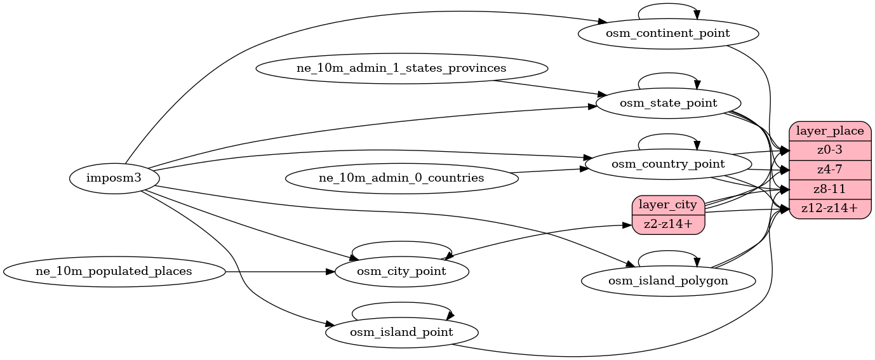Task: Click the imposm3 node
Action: point(114,178)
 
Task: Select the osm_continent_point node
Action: point(668,33)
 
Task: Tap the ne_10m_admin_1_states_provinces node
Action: point(401,68)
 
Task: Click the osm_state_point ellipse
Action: point(668,103)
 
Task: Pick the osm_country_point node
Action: point(668,164)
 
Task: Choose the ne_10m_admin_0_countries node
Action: point(401,178)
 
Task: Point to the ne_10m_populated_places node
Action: point(114,272)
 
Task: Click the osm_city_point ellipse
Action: point(401,272)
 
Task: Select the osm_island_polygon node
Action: point(668,280)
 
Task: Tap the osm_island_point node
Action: point(401,332)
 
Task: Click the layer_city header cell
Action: point(669,205)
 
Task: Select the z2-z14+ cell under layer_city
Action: point(669,224)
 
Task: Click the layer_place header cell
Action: point(829,131)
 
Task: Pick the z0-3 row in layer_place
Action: point(829,150)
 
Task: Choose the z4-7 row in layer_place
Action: point(829,170)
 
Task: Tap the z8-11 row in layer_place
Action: point(829,189)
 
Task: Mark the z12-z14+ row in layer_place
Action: point(829,208)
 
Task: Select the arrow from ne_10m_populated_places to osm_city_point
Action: point(279,272)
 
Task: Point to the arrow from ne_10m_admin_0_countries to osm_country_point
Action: point(549,170)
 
